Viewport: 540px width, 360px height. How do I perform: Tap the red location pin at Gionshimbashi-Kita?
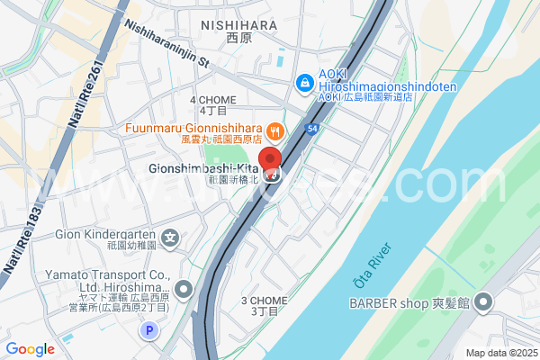click(271, 162)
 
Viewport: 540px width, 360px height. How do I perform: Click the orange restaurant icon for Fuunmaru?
click(275, 130)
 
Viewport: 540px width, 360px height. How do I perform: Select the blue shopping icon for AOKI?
click(305, 84)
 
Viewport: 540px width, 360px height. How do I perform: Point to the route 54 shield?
click(312, 130)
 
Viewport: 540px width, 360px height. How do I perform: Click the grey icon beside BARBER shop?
click(487, 302)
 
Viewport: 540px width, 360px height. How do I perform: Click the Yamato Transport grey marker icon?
click(184, 290)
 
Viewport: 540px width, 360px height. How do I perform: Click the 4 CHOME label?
click(212, 100)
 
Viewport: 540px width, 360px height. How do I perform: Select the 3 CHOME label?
click(264, 301)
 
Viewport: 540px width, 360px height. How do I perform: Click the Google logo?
click(30, 349)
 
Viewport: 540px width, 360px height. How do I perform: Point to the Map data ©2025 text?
click(499, 352)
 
